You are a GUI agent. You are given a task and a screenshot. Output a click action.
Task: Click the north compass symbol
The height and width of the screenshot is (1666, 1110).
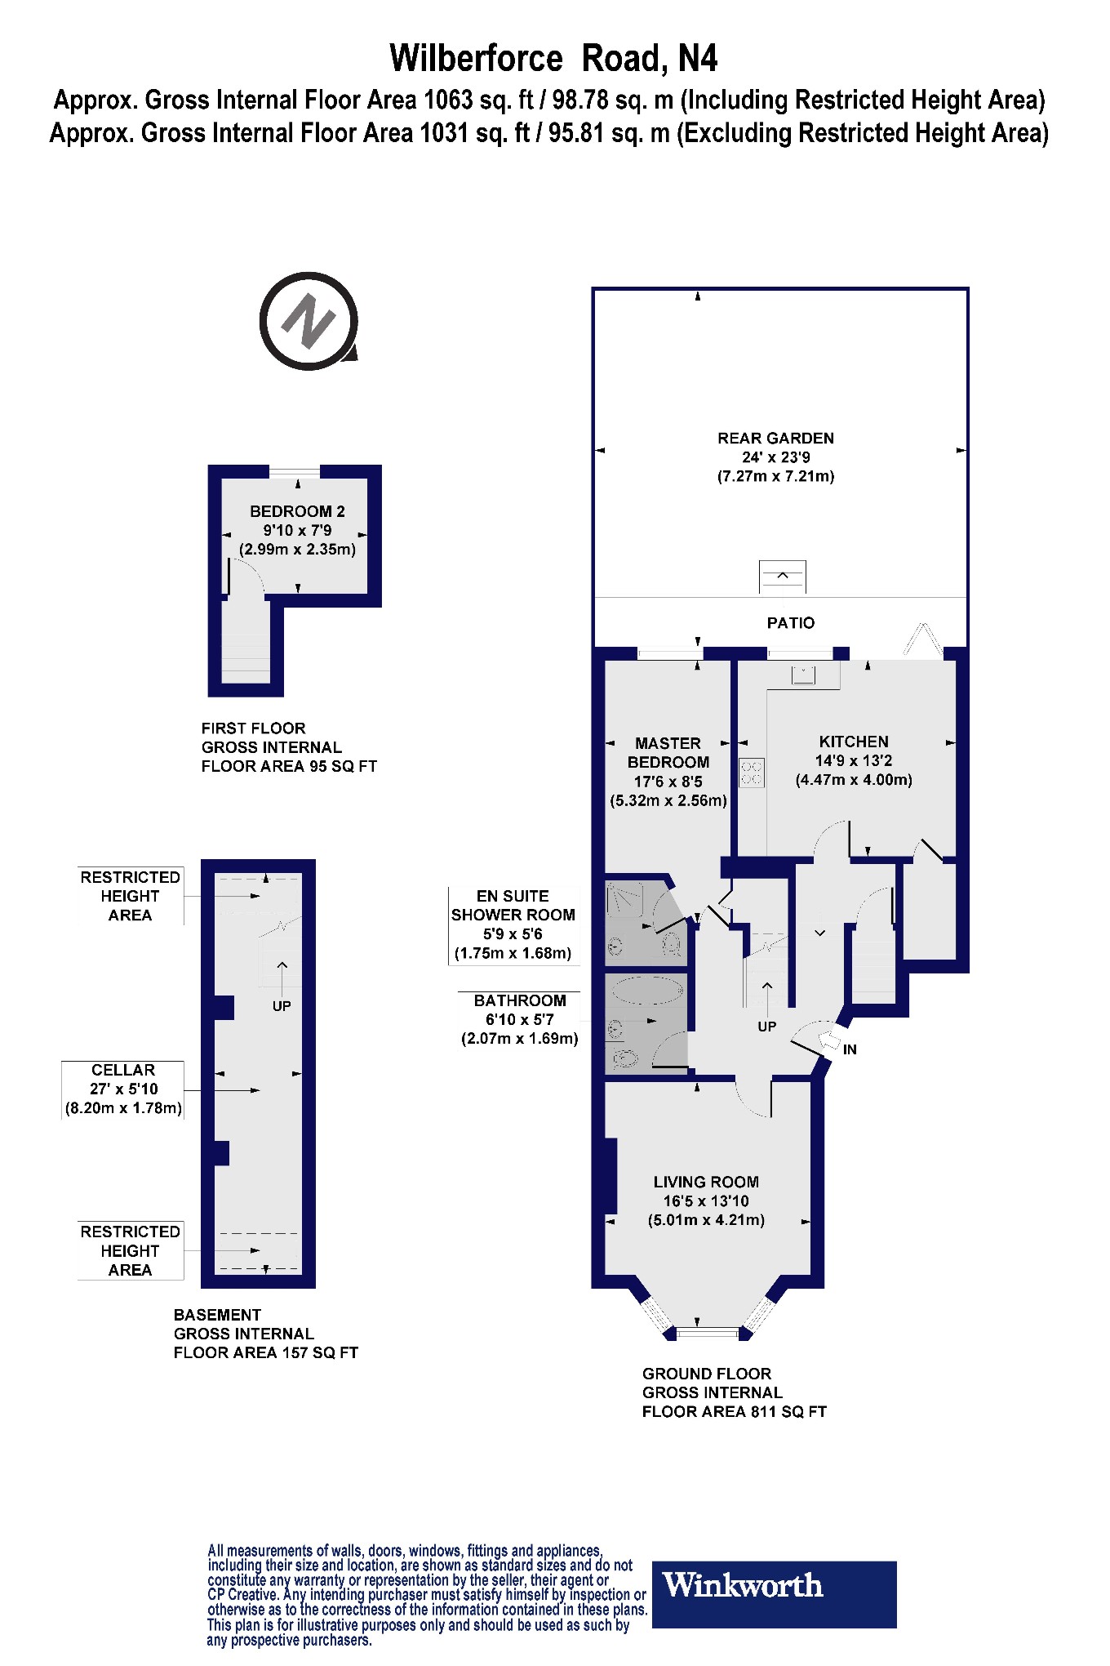click(309, 321)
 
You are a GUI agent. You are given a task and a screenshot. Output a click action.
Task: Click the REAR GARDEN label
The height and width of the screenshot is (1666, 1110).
click(775, 438)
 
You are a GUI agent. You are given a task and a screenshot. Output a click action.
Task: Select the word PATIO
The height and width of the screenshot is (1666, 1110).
click(790, 623)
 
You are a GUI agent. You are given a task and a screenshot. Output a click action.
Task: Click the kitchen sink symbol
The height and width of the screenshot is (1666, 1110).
click(803, 675)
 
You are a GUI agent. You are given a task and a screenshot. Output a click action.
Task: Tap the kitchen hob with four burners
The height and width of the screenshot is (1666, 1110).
click(751, 773)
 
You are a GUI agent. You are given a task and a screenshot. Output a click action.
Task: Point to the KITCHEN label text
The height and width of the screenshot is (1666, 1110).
click(854, 742)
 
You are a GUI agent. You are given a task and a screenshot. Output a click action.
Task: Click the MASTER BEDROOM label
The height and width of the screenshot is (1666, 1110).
click(668, 752)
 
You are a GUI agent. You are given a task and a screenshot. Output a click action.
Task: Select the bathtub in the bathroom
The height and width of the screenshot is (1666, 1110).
click(646, 991)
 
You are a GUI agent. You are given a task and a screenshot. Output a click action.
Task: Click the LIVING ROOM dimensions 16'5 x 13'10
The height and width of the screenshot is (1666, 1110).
click(705, 1200)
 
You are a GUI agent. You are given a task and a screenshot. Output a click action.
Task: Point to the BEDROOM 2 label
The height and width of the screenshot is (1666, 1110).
click(297, 511)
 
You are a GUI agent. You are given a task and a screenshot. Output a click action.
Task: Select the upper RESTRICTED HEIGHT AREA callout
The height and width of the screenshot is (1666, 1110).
click(130, 896)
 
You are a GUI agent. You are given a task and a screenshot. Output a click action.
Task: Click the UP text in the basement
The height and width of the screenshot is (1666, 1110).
click(282, 1006)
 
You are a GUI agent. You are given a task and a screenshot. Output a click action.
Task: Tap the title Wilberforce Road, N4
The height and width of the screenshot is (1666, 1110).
click(553, 59)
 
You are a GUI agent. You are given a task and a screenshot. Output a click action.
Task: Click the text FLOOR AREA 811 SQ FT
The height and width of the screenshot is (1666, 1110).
click(734, 1412)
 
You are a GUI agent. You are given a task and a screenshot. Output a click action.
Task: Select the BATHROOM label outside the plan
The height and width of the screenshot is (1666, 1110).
click(520, 1000)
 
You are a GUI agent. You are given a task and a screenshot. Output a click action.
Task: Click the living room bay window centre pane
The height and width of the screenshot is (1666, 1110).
click(707, 1333)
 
